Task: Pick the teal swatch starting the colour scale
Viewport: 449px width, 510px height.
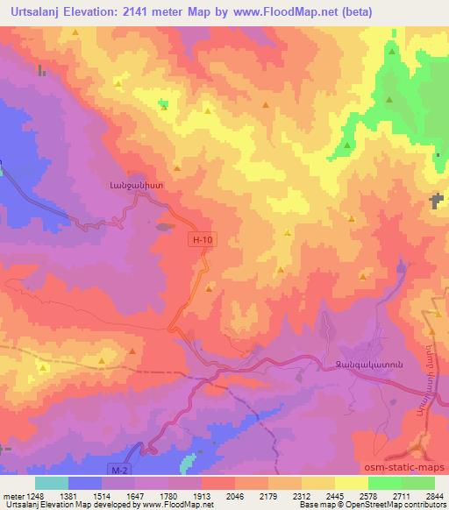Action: (51, 483)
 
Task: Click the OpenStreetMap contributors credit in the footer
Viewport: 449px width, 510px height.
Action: (403, 505)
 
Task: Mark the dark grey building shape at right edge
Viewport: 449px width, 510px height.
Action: (436, 202)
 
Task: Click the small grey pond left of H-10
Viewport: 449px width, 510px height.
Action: (164, 225)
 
